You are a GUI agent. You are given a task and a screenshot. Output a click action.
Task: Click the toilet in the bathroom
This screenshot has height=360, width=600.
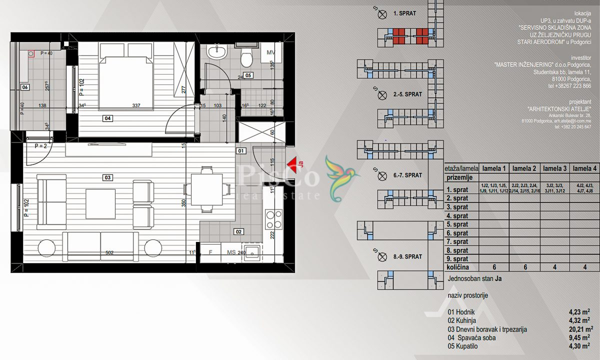[246, 58]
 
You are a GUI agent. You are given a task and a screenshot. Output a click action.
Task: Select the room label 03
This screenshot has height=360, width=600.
[107, 177]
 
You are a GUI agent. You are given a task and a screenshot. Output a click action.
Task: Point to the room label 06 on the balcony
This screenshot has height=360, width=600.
[24, 87]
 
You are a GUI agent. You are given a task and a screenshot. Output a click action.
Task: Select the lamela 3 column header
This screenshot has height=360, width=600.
[554, 168]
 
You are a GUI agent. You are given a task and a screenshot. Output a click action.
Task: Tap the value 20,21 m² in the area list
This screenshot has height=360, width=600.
[580, 329]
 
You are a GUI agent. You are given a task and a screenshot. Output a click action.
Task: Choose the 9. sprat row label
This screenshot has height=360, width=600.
[457, 259]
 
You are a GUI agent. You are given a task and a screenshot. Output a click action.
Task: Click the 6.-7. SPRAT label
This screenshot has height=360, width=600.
[407, 175]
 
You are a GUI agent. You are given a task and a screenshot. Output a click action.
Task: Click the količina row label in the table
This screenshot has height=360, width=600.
[457, 268]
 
